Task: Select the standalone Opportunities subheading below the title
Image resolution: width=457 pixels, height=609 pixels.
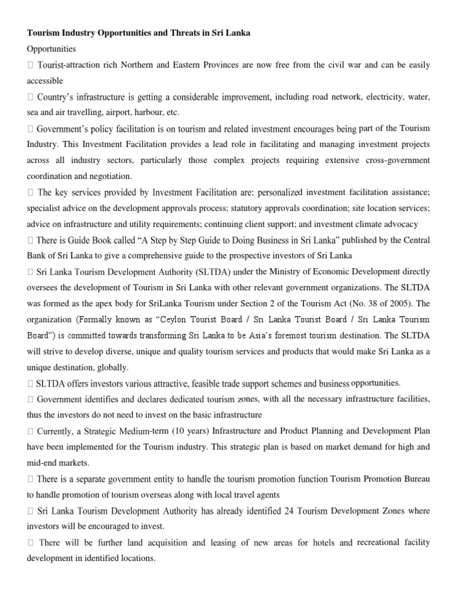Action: (51, 49)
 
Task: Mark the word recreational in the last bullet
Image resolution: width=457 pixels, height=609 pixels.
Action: (381, 542)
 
